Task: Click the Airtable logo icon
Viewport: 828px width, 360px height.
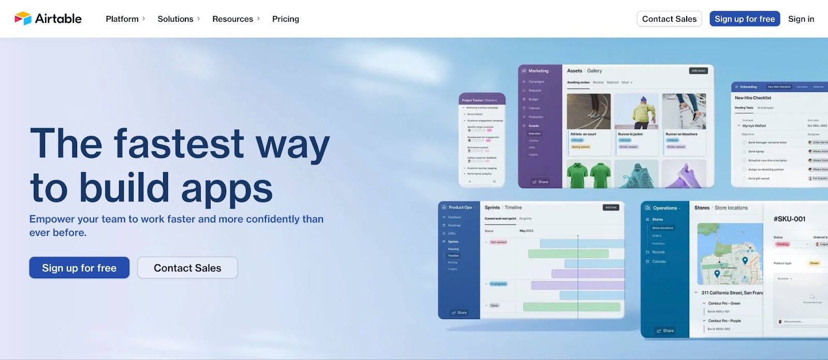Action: pos(23,19)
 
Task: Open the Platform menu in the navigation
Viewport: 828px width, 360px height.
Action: pos(122,19)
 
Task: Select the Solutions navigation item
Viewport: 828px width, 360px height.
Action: pos(175,19)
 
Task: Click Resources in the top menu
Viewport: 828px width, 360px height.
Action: pos(232,19)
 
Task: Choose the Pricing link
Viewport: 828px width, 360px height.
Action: pos(286,19)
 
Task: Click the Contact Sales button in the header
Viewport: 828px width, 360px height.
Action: pos(669,19)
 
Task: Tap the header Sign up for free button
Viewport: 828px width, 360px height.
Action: pos(745,19)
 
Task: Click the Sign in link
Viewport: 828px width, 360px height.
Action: pos(801,19)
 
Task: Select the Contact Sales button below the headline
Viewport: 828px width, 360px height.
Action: pos(187,268)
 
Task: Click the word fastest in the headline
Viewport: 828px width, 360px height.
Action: pos(179,144)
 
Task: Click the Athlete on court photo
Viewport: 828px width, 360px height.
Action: pos(589,111)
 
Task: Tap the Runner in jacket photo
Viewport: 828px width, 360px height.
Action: pos(636,111)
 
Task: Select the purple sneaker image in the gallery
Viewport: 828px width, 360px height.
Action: pos(684,174)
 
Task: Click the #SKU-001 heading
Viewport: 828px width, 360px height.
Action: pos(789,219)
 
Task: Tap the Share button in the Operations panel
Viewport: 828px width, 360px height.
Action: pos(665,331)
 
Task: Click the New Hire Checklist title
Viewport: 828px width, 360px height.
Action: pos(753,98)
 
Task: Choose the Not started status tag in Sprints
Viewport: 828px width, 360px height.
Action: pos(498,242)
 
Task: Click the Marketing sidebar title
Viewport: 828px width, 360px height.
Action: pos(538,71)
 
